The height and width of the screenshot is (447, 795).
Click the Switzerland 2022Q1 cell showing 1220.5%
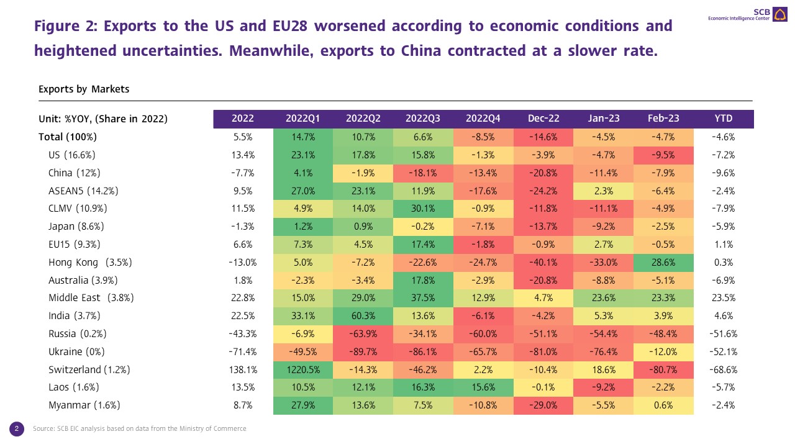coord(302,369)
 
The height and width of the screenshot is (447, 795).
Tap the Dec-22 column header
coord(543,119)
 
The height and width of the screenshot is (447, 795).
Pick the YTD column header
coord(724,119)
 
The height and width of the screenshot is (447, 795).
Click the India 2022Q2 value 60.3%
coord(363,316)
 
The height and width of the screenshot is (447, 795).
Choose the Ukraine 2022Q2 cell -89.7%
coord(363,351)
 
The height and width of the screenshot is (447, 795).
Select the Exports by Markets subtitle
coord(84,89)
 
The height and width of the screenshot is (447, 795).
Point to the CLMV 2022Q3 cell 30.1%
coord(423,208)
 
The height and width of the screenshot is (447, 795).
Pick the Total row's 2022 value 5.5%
coord(243,137)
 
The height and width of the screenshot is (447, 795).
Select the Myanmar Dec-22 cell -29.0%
coord(543,405)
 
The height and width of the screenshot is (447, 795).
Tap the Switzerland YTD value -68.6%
coord(724,369)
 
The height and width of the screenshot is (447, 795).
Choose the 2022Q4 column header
coord(483,119)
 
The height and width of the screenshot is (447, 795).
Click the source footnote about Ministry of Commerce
coord(139,428)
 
